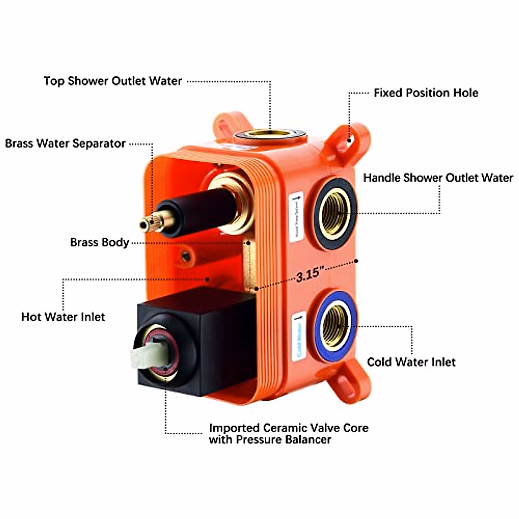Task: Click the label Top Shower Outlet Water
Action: [x=112, y=81]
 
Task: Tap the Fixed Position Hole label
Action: [x=426, y=93]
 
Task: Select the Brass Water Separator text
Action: [x=65, y=143]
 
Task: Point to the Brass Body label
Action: [x=99, y=242]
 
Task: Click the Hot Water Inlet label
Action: [x=63, y=317]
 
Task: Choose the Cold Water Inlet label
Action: [x=411, y=362]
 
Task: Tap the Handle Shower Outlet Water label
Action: [x=438, y=178]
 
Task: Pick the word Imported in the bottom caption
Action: [x=233, y=428]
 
